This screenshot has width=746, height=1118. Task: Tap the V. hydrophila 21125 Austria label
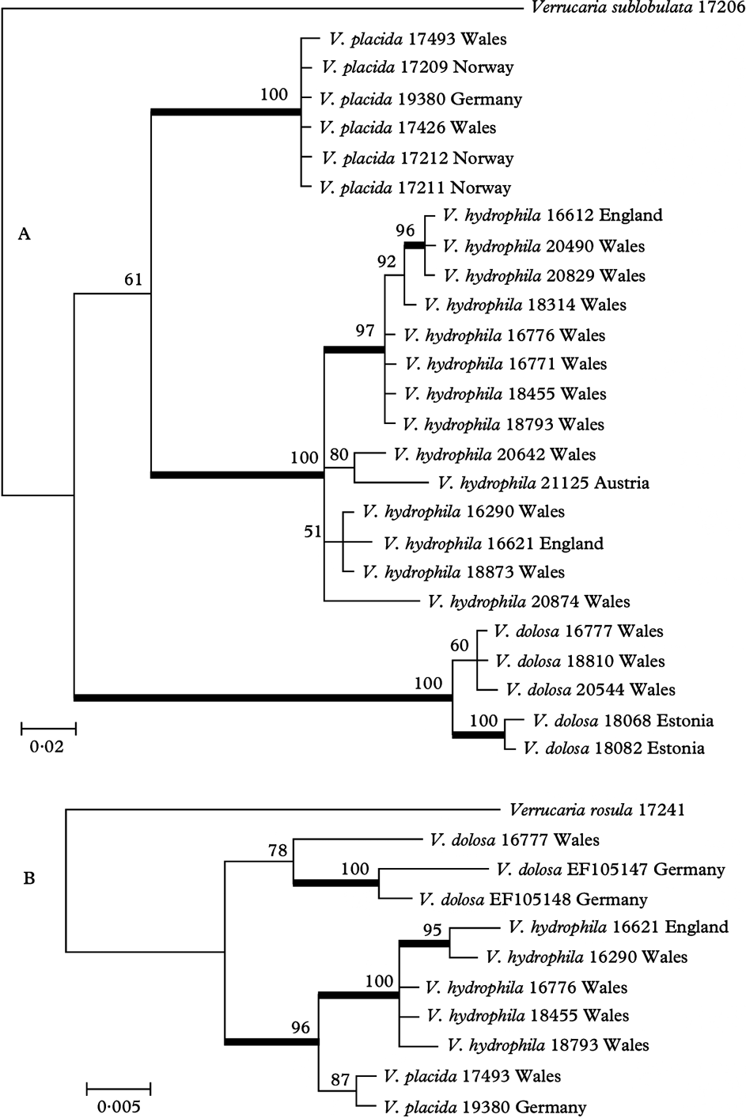pos(543,483)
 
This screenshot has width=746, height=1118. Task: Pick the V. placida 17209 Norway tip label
pos(418,68)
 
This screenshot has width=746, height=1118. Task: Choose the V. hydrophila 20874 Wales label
pos(528,601)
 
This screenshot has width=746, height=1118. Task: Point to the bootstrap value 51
pos(312,532)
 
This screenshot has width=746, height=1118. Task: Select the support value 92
pos(386,261)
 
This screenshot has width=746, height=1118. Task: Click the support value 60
pos(460,645)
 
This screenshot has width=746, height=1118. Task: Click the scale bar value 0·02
pos(47,746)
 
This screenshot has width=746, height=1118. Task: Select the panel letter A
pos(25,233)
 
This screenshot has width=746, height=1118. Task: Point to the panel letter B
pos(28,878)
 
